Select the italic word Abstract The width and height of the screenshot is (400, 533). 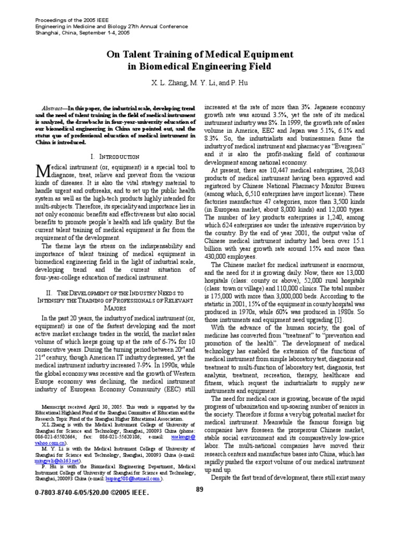[x=53, y=106]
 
